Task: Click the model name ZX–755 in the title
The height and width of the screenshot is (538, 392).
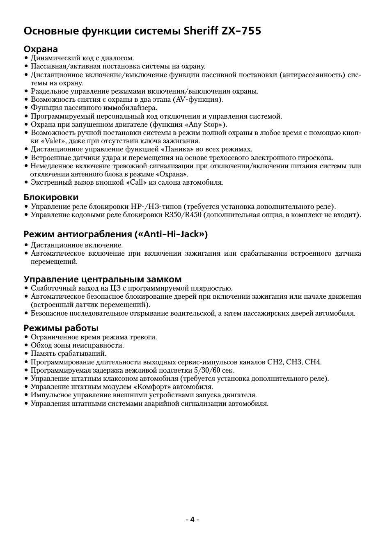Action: pos(241,31)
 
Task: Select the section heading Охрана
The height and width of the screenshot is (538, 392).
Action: pos(41,50)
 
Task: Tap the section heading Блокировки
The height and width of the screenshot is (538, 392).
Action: pos(51,197)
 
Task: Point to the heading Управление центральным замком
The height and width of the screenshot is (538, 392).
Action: pos(102,279)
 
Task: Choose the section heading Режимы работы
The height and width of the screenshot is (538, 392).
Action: pos(61,328)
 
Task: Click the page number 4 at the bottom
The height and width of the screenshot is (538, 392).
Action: pos(192,520)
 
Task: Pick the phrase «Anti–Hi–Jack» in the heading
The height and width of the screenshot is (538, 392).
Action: pos(171,234)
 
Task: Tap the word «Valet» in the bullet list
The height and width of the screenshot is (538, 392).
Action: pos(53,141)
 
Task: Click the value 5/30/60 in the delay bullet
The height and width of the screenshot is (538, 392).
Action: pos(207,370)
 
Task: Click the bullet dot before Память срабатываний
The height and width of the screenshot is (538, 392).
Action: pos(26,354)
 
